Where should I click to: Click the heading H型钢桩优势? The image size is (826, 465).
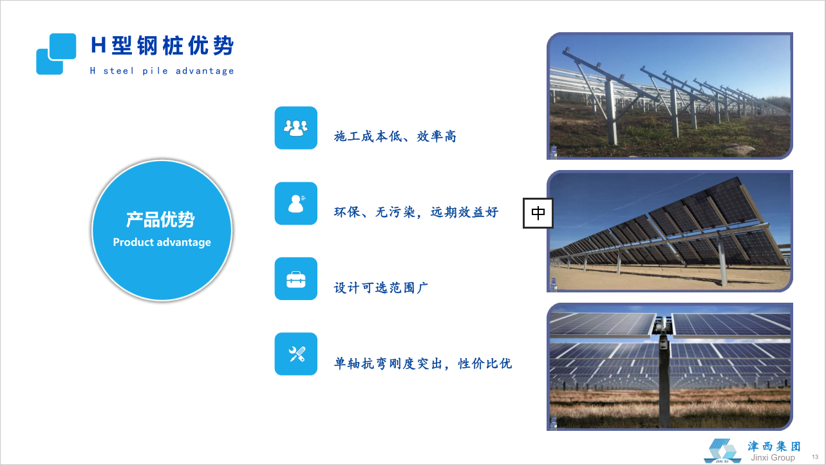click(162, 45)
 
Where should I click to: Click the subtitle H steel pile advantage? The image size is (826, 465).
click(162, 70)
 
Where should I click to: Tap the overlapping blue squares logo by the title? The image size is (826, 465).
click(56, 54)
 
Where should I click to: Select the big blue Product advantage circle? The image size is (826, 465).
click(162, 231)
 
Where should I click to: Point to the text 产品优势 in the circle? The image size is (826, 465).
click(160, 220)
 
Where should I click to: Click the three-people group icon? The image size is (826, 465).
click(296, 128)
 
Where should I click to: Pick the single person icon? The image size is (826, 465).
click(296, 203)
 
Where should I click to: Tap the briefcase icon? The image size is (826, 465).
click(296, 279)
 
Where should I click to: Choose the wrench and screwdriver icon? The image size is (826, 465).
click(296, 354)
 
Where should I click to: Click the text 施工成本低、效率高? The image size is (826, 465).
click(395, 137)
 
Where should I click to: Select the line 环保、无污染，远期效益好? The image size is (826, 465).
click(416, 212)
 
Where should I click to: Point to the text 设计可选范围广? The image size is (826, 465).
click(381, 288)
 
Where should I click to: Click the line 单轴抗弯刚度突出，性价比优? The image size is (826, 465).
click(423, 364)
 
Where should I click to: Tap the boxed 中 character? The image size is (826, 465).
click(538, 213)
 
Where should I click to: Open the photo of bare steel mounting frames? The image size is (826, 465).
click(670, 96)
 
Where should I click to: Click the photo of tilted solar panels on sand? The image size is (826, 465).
click(670, 231)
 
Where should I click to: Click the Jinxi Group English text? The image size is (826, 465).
click(773, 458)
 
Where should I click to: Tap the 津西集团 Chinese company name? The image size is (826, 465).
click(774, 446)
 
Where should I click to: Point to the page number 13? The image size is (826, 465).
click(815, 457)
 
